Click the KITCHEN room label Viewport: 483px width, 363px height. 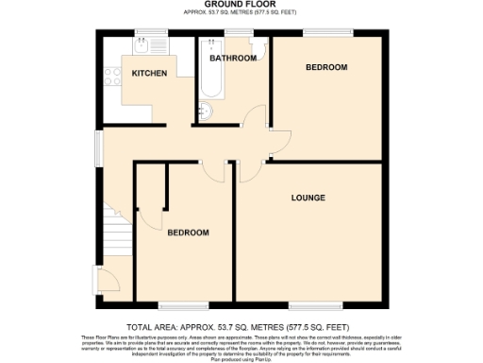click(150, 73)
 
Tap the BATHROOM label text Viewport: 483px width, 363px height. click(233, 59)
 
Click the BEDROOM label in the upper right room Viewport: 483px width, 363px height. click(326, 68)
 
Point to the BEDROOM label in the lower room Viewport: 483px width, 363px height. click(188, 233)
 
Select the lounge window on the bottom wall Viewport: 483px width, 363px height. click(308, 305)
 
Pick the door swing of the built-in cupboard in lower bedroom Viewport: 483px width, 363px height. click(148, 219)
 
